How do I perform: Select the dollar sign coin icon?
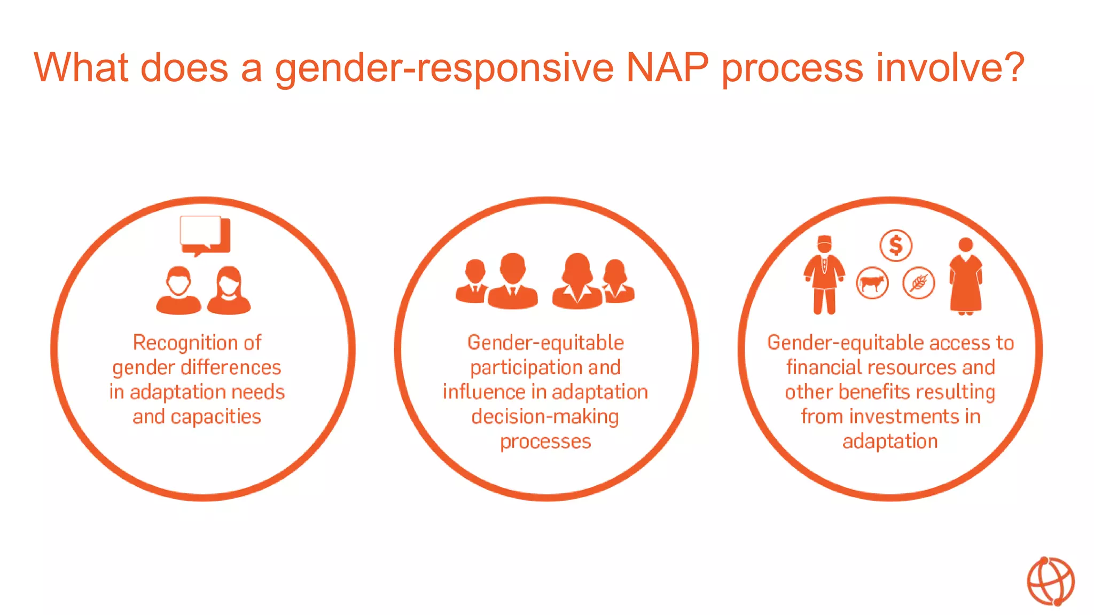895,246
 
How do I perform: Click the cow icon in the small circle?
872,283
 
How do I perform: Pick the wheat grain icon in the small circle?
918,283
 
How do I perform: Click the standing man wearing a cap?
824,275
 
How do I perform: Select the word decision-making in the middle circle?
545,417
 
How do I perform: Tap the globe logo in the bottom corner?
1050,581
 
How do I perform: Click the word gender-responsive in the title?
443,68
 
